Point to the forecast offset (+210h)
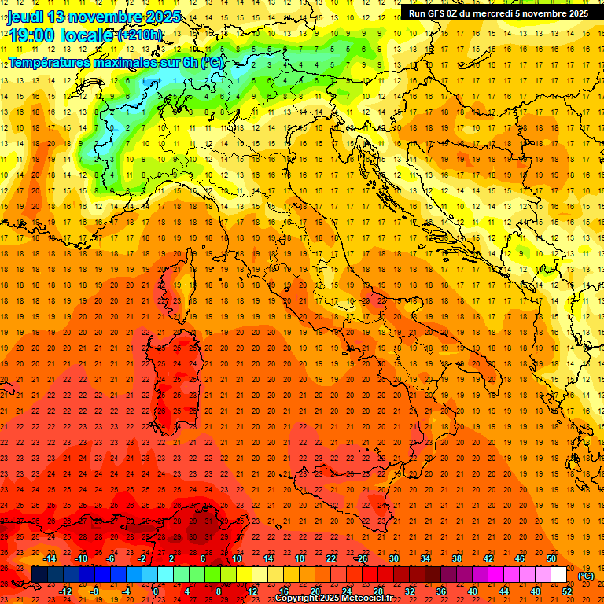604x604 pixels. coord(140,35)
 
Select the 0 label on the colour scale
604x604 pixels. coord(155,591)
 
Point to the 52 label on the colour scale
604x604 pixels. coord(567,591)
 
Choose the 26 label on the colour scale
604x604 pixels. coord(362,558)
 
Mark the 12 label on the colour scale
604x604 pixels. coord(252,591)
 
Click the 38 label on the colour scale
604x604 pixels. coord(456,558)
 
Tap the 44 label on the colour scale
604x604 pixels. coord(504,591)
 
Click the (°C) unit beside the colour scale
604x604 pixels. coord(586,575)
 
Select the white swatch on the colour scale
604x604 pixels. coord(559,575)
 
